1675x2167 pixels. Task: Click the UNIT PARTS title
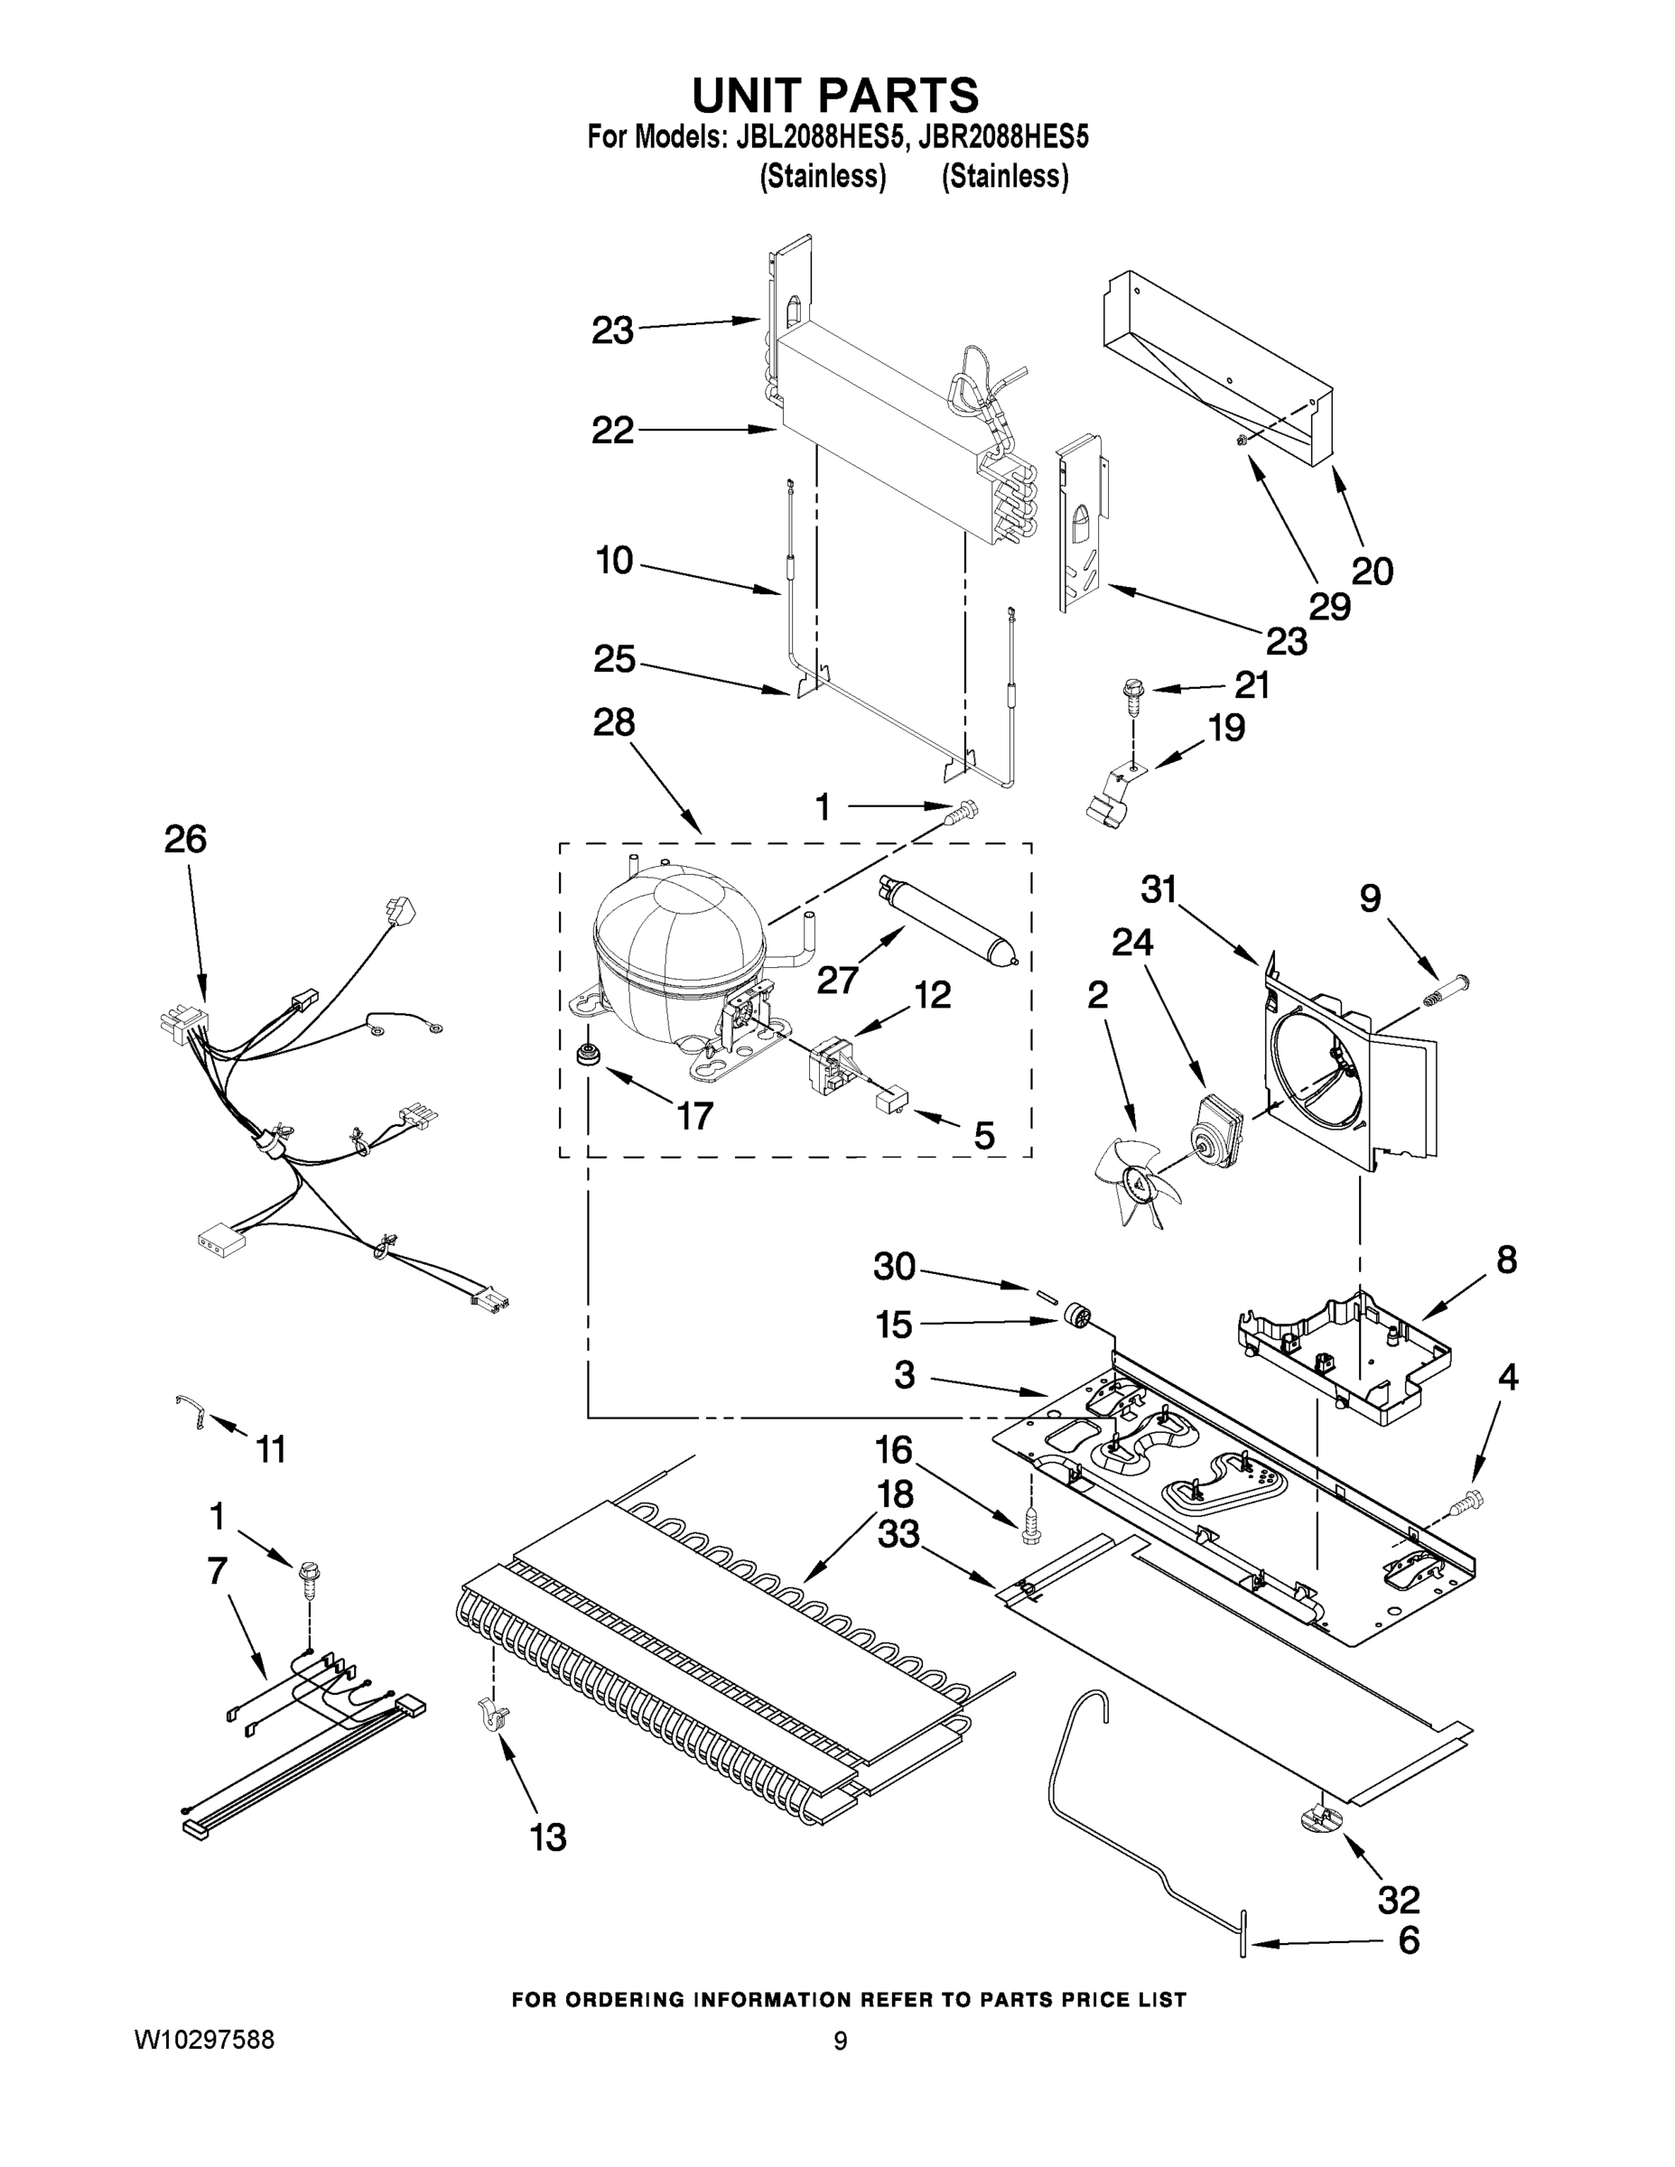click(x=834, y=97)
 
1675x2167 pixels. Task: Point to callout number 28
click(x=613, y=722)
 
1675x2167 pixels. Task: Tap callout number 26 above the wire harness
click(x=186, y=840)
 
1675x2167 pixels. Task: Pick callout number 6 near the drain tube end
click(x=1408, y=1939)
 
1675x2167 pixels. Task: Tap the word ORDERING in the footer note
click(x=625, y=1999)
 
